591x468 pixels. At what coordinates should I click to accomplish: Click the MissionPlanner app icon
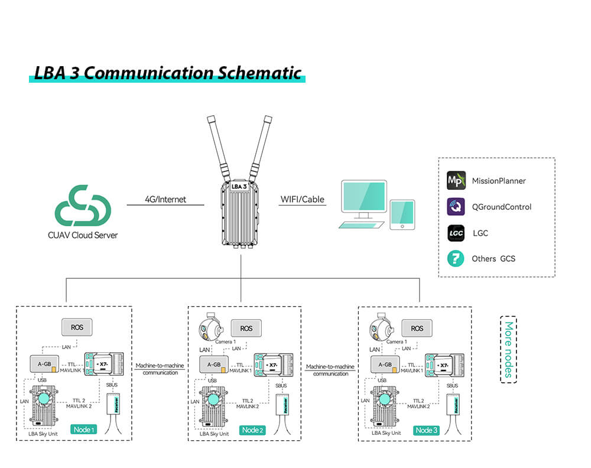pos(456,180)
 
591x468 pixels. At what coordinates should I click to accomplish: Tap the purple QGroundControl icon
pos(456,206)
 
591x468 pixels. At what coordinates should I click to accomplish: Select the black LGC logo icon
pos(456,233)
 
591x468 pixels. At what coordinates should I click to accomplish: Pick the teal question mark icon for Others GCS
pos(456,258)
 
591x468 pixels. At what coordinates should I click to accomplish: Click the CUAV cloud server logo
pos(83,207)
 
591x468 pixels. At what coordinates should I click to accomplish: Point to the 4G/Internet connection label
pos(165,199)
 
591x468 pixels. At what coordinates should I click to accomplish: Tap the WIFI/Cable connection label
pos(302,199)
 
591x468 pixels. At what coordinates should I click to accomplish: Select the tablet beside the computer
pos(402,214)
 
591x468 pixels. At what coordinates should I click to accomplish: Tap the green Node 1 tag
pos(83,430)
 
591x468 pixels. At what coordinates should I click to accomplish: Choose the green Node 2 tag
pos(252,430)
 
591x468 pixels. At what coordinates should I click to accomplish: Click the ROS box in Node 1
pos(77,327)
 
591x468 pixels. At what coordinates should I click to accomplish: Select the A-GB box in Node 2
pos(214,365)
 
